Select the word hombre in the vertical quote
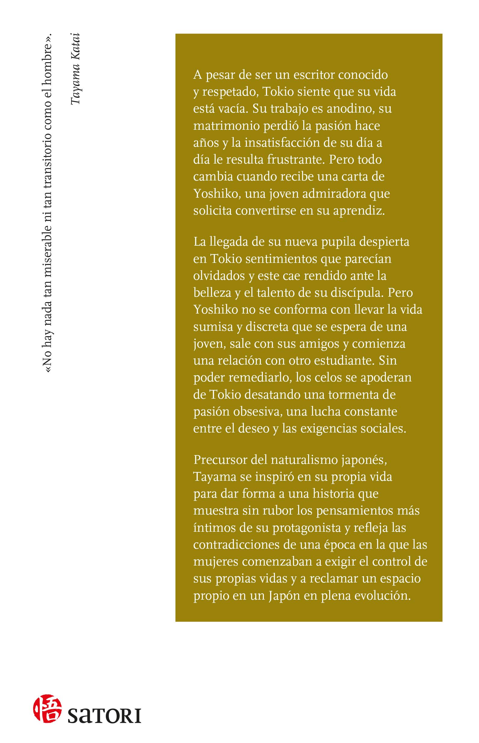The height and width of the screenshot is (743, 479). (x=48, y=62)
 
